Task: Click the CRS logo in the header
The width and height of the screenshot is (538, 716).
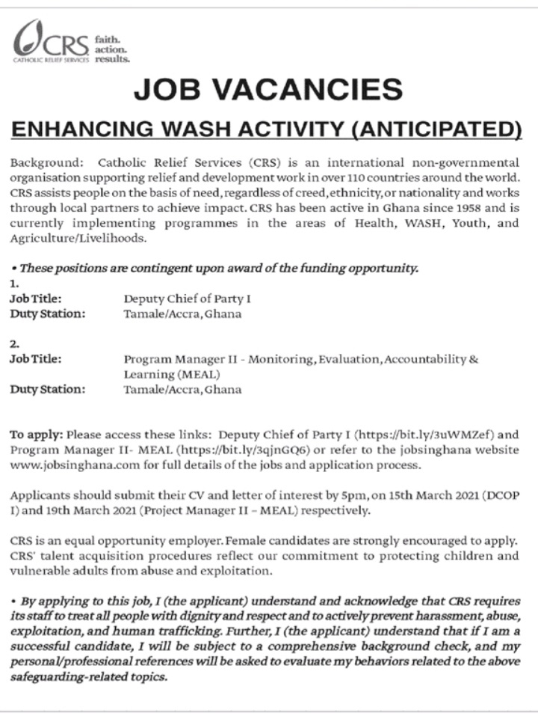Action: coord(51,41)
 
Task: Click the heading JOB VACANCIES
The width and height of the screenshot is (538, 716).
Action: coord(268,90)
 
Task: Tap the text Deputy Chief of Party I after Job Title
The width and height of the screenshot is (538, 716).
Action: coord(187,299)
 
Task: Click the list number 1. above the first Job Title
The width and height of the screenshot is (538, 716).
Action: coord(14,284)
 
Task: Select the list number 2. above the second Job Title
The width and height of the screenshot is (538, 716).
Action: coord(14,344)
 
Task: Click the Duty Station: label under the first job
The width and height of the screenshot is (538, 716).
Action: coord(47,313)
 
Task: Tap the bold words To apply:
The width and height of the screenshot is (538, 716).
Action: coord(37,433)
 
